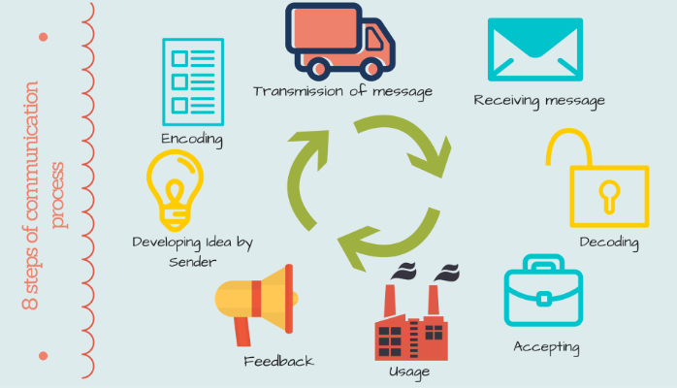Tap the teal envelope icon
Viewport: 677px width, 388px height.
534,49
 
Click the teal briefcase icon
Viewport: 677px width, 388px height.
543,291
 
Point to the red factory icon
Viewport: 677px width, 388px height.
413,320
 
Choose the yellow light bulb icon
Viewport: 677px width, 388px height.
176,190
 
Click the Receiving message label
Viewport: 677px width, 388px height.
539,100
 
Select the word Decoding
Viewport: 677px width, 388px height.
608,242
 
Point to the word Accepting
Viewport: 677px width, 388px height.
546,346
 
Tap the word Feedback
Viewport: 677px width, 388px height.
278,361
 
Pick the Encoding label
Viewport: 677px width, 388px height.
192,139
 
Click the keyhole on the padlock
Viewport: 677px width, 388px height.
609,194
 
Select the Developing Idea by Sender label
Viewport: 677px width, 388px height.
192,251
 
